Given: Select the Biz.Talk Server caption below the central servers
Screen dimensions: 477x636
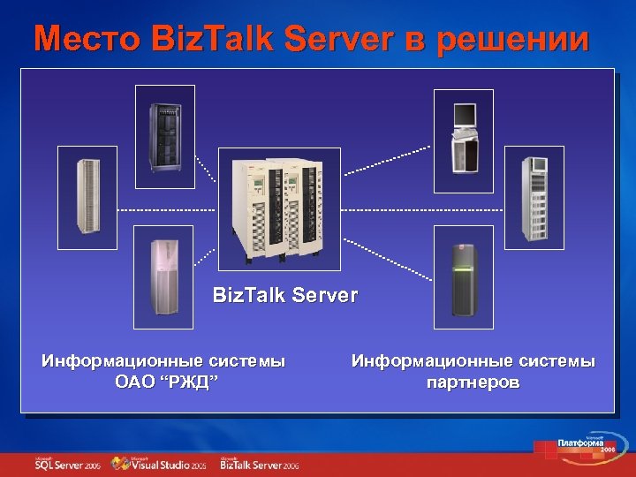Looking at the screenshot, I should coord(285,295).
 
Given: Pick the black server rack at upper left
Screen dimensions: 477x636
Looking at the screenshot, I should coord(164,132).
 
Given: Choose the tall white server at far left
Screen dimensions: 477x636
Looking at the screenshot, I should coord(87,197).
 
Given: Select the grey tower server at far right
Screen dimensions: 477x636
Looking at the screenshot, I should coord(534,197).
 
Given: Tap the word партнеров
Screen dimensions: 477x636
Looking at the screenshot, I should coord(473,382).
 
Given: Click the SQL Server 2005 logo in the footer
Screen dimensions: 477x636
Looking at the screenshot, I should coord(68,463).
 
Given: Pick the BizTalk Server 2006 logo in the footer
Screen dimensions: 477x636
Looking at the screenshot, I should coord(260,463).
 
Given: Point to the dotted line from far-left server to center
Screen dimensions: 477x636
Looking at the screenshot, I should coord(167,209).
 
